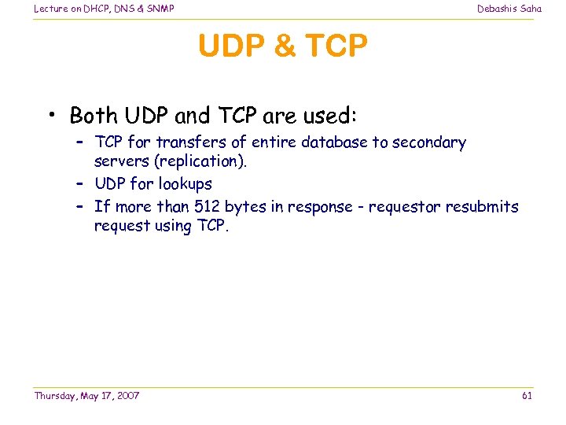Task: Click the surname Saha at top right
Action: (x=531, y=9)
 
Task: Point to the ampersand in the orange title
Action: (x=282, y=47)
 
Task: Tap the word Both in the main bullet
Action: (x=94, y=116)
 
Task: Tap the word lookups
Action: (x=186, y=184)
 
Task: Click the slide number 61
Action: (x=527, y=395)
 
